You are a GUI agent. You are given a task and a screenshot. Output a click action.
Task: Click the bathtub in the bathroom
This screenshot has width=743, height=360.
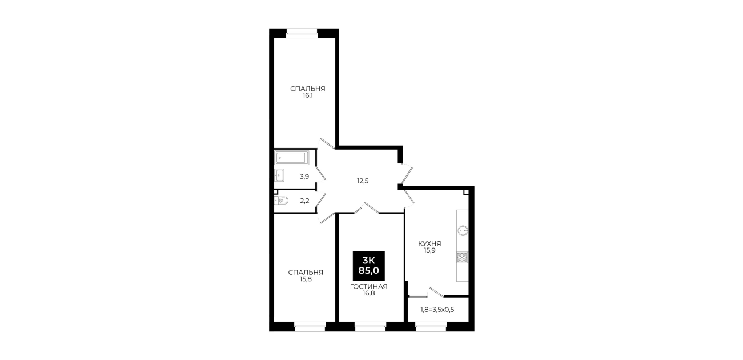(x=292, y=158)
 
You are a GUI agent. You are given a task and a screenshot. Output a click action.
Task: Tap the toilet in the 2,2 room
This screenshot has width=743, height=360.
(x=282, y=201)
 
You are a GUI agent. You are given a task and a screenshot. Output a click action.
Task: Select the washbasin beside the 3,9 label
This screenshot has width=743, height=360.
(x=279, y=175)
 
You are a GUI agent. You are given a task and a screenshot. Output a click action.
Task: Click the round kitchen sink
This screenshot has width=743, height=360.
(x=463, y=230)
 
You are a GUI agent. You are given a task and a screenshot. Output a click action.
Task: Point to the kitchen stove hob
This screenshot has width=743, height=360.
(x=463, y=258)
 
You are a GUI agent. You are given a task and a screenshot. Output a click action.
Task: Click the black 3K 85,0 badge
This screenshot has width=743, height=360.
(x=369, y=266)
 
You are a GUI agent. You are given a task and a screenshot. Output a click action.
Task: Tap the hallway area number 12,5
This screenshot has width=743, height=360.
(x=363, y=181)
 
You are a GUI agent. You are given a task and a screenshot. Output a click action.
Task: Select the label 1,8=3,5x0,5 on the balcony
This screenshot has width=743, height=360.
(x=437, y=310)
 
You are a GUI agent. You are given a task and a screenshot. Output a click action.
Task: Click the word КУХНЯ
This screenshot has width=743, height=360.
(x=429, y=243)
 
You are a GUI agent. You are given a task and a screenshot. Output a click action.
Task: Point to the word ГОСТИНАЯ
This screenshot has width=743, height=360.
(x=369, y=286)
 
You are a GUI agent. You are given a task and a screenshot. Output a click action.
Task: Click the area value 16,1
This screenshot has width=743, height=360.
(x=307, y=95)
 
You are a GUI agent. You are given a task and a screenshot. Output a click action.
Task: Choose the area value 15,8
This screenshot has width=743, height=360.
(x=306, y=279)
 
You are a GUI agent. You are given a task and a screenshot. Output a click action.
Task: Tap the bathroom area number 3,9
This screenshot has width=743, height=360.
(x=304, y=177)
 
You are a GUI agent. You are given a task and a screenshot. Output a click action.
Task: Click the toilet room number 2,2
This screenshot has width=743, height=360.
(x=304, y=201)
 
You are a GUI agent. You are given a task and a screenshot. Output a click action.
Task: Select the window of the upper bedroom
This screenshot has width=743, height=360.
(x=302, y=33)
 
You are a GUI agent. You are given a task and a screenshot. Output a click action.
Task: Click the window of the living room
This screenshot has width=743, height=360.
(x=370, y=326)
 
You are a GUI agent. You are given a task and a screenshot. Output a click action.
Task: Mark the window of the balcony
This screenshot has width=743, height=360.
(x=431, y=326)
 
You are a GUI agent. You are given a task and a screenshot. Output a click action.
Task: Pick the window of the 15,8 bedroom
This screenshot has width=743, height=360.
(x=310, y=326)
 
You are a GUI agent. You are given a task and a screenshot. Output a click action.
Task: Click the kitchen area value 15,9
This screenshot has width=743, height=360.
(x=429, y=250)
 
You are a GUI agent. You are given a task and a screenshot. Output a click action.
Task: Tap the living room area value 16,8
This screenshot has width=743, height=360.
(x=369, y=293)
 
